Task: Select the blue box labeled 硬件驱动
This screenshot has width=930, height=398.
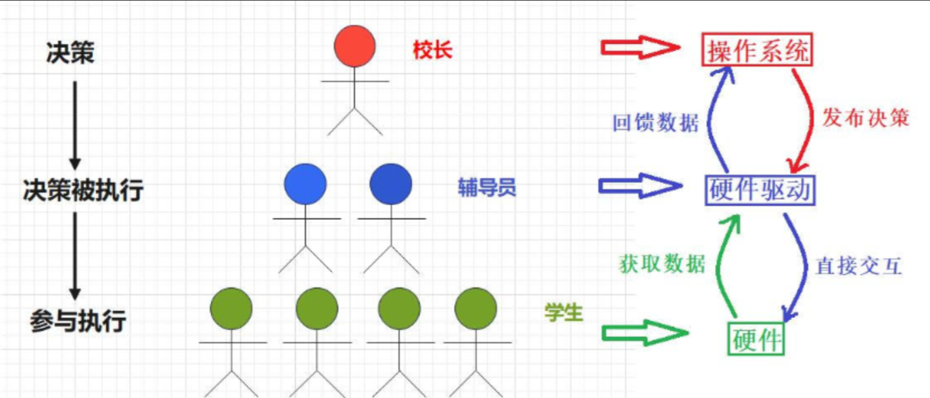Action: click(x=759, y=190)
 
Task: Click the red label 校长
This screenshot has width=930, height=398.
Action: click(x=432, y=51)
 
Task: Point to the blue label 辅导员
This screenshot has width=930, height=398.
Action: click(x=486, y=187)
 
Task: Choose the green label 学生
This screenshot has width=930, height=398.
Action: click(x=563, y=313)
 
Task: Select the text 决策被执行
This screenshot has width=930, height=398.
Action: click(x=83, y=190)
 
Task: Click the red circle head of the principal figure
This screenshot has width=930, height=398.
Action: click(x=355, y=46)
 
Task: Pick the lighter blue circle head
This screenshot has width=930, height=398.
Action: click(x=305, y=184)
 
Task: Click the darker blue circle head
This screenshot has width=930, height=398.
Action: click(x=391, y=184)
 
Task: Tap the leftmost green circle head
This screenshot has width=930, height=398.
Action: click(x=231, y=309)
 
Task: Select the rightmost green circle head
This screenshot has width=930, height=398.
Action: click(x=476, y=309)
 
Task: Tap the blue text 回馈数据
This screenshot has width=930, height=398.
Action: click(x=655, y=123)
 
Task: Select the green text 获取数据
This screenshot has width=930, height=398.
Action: click(x=662, y=263)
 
